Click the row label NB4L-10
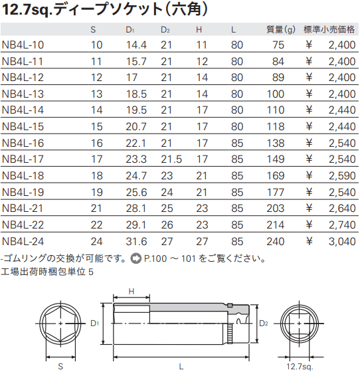click(x=23, y=45)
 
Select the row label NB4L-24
click(x=23, y=242)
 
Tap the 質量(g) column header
click(x=281, y=30)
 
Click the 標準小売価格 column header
click(x=329, y=30)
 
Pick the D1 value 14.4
click(x=136, y=45)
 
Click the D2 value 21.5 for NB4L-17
click(x=171, y=159)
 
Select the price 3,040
click(x=342, y=242)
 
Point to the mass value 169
click(x=276, y=176)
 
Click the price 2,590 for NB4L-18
click(x=342, y=176)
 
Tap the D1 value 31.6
click(x=136, y=242)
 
